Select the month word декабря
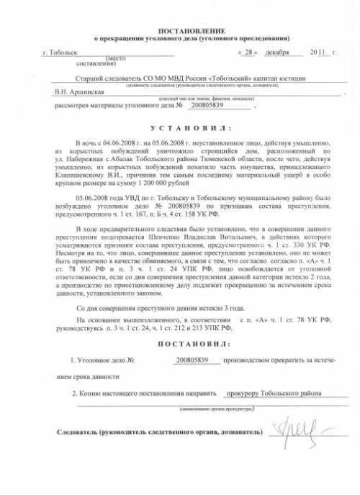pos(276,53)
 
